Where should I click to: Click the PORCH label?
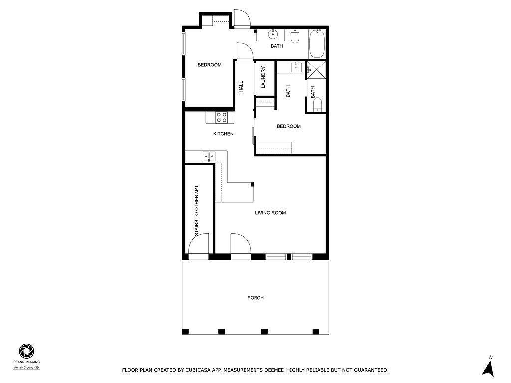255,298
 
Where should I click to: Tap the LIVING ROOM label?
270,213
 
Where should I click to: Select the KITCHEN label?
223,134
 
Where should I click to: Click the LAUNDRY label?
263,77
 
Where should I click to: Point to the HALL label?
241,87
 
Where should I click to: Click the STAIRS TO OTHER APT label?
196,211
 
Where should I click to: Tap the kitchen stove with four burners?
221,117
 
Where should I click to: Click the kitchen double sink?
209,156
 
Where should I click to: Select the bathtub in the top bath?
317,44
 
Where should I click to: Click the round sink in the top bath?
272,33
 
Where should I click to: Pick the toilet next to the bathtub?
295,36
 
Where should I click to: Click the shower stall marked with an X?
316,70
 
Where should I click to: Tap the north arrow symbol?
488,368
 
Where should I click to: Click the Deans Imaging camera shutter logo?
27,351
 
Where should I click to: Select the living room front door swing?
241,244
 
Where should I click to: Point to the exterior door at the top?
242,19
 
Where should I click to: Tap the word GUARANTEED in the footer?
371,370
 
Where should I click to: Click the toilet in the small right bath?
317,105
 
